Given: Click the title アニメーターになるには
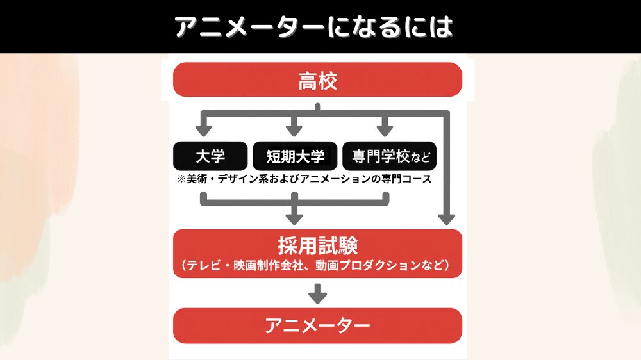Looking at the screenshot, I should (x=314, y=26).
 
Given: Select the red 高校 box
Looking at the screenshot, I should (x=317, y=80).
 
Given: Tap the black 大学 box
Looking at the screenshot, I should (x=210, y=156).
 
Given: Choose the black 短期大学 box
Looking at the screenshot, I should (x=295, y=156).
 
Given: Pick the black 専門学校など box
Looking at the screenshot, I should (x=390, y=156).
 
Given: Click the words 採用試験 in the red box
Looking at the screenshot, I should (x=317, y=245).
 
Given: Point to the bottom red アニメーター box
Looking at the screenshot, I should (x=317, y=326).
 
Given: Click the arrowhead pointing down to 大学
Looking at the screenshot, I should (x=203, y=131).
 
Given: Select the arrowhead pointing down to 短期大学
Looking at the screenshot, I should (x=294, y=131).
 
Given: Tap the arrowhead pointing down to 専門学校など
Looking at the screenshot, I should (x=384, y=131).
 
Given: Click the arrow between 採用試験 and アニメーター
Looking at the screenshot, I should (x=317, y=295).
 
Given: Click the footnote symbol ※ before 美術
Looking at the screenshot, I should (x=181, y=179).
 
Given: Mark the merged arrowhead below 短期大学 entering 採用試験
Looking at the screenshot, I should (x=294, y=218).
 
